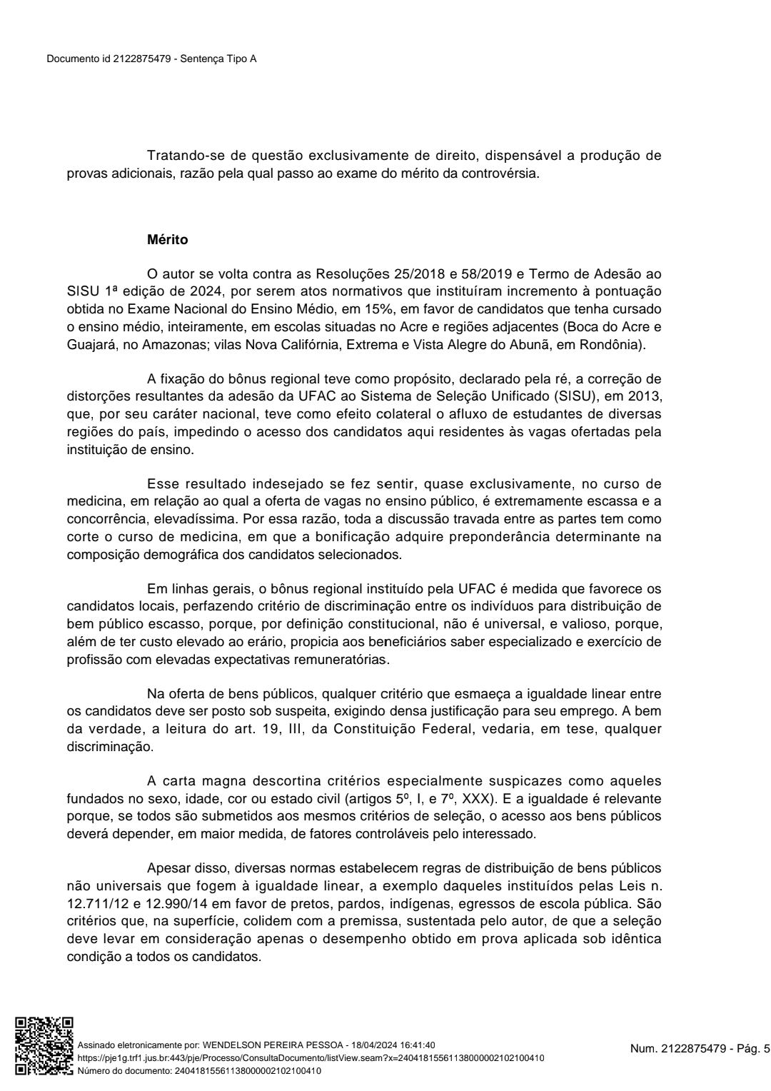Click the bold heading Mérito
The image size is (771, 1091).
pyautogui.click(x=167, y=240)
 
